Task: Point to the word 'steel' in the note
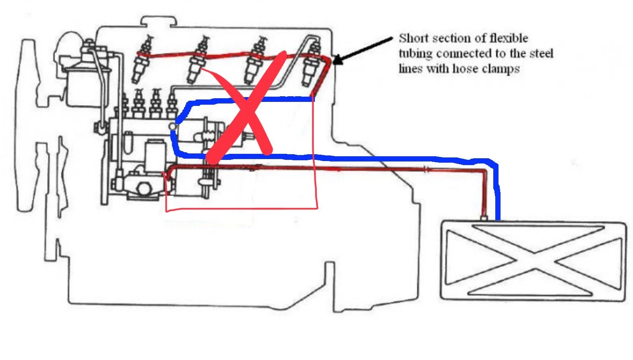click(x=541, y=54)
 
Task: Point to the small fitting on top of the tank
click(x=484, y=218)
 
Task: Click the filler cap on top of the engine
click(x=159, y=21)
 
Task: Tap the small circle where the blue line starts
click(x=173, y=126)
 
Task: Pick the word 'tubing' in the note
click(x=416, y=54)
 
